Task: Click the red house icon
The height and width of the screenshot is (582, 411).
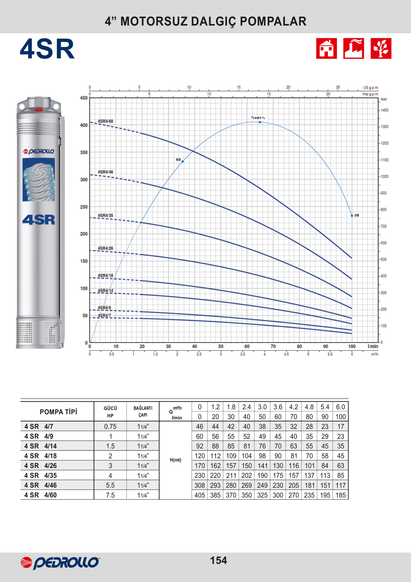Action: pos(327,48)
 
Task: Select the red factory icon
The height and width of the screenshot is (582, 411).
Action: pos(354,48)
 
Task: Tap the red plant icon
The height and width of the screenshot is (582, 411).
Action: pos(381,48)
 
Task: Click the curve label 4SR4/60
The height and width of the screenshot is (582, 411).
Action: pos(105,121)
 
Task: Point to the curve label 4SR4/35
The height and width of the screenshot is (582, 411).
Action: pos(105,216)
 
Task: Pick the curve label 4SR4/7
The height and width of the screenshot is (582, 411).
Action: pos(104,315)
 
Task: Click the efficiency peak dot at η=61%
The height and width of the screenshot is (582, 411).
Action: pos(260,122)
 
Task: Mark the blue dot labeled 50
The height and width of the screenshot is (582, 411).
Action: pos(183,161)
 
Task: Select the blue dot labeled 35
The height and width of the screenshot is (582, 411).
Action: pos(352,216)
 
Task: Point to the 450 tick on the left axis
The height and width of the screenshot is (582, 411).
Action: pos(84,98)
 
